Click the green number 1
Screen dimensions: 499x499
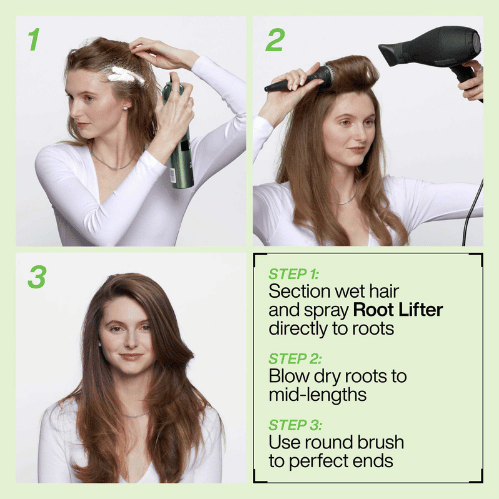pyautogui.click(x=34, y=40)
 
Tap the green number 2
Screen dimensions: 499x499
pyautogui.click(x=274, y=40)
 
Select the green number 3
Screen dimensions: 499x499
pyautogui.click(x=36, y=276)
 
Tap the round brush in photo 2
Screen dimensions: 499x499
pyautogui.click(x=299, y=79)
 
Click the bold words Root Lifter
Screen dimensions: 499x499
pyautogui.click(x=399, y=310)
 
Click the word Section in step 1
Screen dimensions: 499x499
pyautogui.click(x=301, y=291)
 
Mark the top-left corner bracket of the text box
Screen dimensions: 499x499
pyautogui.click(x=257, y=257)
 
